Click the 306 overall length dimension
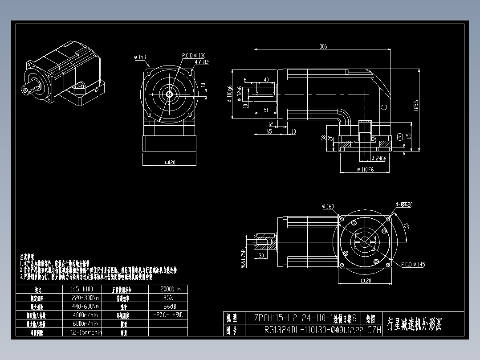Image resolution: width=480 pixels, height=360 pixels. coord(323,46)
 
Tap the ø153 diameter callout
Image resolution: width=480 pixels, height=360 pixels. coord(140,57)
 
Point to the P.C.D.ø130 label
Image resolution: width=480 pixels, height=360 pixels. coord(194,56)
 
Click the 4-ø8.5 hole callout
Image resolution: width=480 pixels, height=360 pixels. coord(202,62)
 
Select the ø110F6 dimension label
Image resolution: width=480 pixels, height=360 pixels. coord(366,170)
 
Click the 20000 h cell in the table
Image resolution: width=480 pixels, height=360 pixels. coord(170,289)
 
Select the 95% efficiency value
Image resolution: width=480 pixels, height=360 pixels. coord(168,297)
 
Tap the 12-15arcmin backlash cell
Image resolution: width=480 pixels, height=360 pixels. coord(86,332)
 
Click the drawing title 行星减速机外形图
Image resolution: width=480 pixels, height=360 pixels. coord(415,324)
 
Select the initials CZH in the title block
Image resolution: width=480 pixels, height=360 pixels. coord(375,330)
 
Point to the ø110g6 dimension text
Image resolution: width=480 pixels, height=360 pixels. coord(229,94)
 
